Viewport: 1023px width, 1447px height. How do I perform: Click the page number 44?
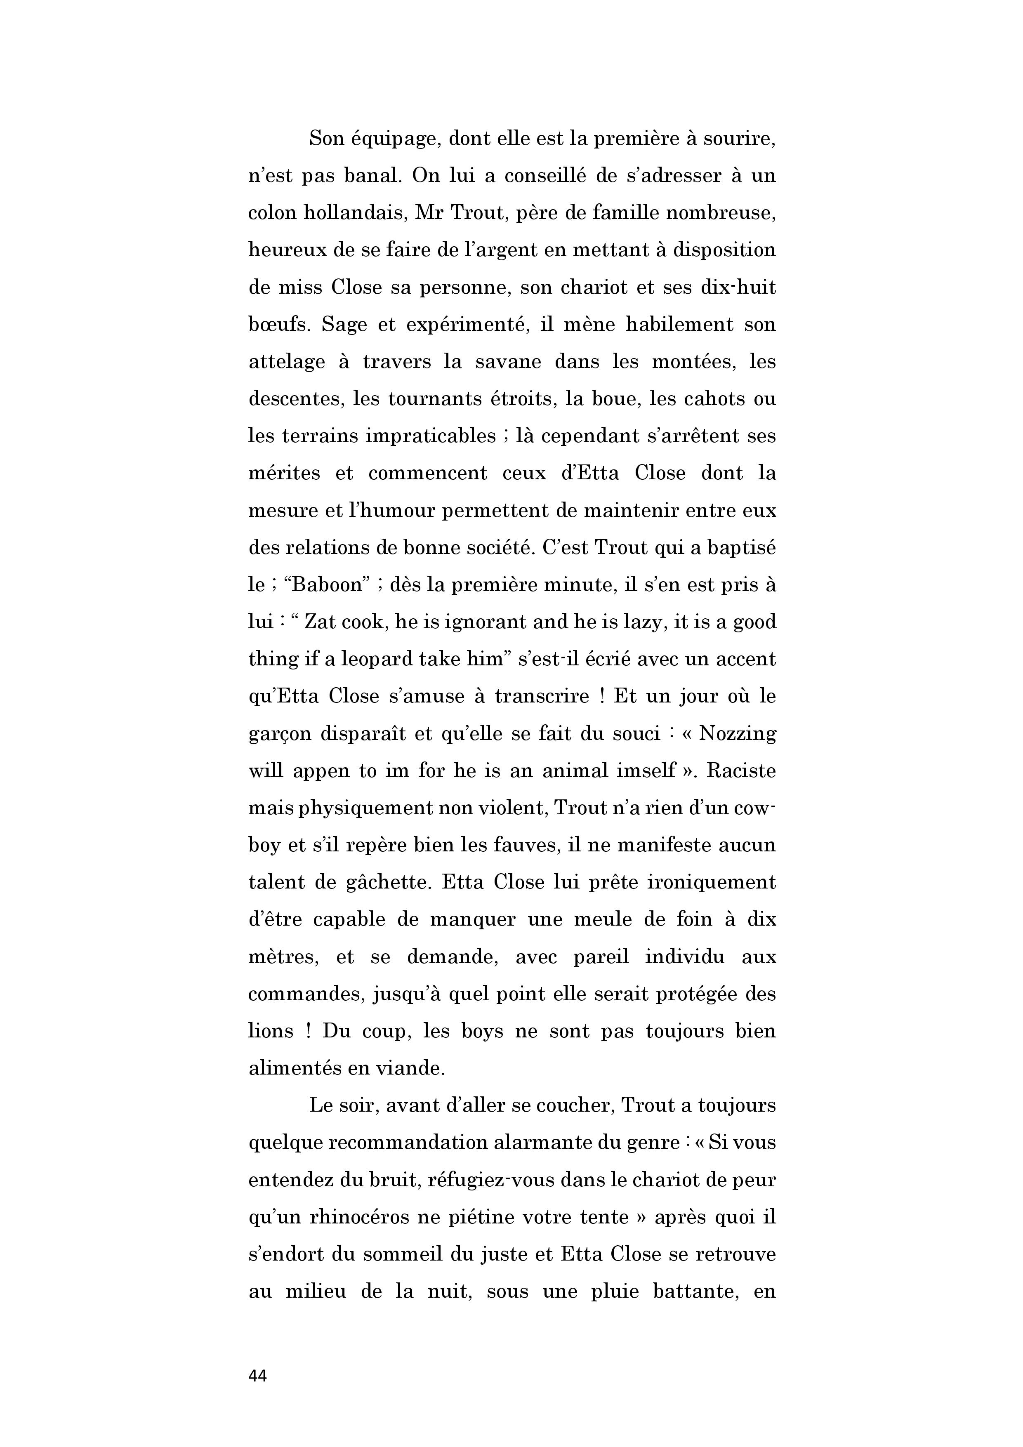coord(258,1376)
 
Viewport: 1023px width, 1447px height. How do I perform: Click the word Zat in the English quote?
coord(323,622)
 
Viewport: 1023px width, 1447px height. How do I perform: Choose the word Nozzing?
coord(738,733)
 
